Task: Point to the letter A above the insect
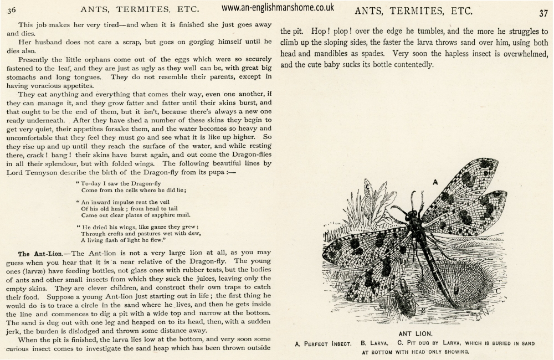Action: click(x=435, y=181)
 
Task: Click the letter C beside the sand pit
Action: click(x=498, y=290)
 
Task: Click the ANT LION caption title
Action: click(x=414, y=334)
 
